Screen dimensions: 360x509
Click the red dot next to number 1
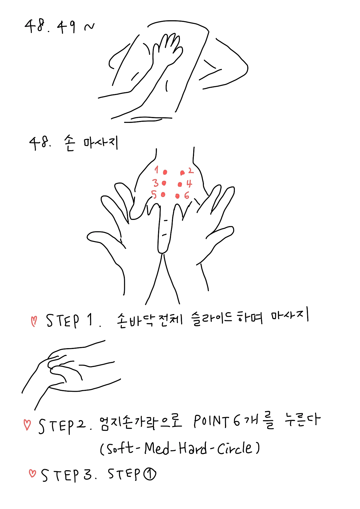[165, 172]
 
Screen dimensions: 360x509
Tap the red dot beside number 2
[182, 172]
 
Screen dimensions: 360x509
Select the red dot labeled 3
[164, 183]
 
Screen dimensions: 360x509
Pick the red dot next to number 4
[180, 184]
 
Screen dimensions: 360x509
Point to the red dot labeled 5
[163, 194]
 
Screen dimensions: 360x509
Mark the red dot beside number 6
[177, 196]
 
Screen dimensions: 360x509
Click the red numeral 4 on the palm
[189, 184]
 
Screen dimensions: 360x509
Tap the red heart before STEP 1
[34, 321]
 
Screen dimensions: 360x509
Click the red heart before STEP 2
[27, 425]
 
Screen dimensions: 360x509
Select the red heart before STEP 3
[32, 473]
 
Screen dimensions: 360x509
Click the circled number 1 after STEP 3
[150, 474]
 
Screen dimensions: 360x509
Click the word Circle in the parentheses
[235, 448]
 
